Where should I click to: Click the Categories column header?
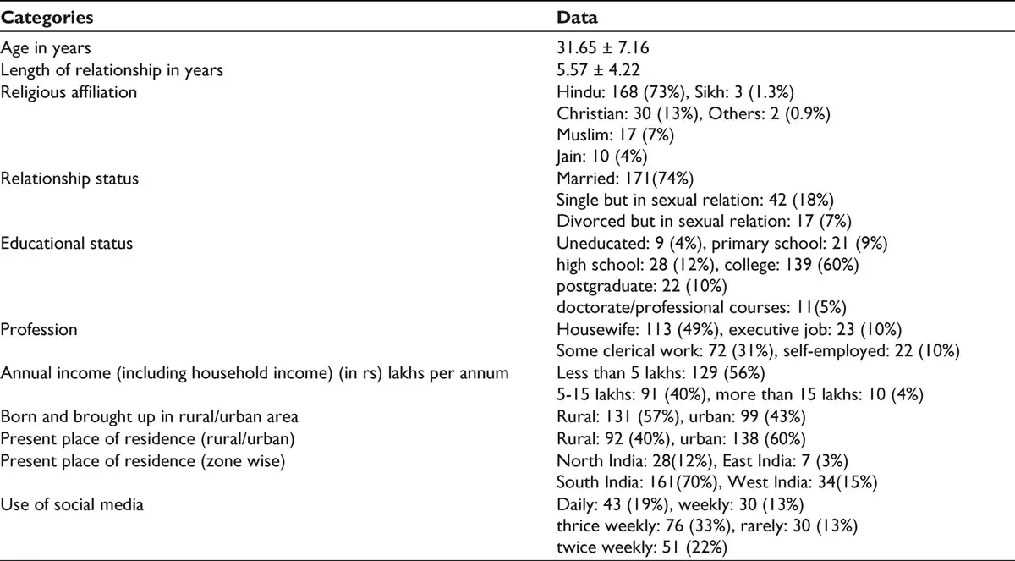coord(47,18)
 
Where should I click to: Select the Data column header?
coord(577,17)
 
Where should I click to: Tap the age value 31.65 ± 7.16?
coord(602,47)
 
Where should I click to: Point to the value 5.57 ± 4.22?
coord(598,69)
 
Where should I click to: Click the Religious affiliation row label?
coord(69,92)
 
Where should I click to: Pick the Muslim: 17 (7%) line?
coord(616,135)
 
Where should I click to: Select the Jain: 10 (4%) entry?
coord(601,157)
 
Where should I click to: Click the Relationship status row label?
coord(69,178)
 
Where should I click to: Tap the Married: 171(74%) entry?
coord(625,178)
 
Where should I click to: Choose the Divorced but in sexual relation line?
coord(704,221)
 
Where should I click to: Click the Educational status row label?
coord(66,244)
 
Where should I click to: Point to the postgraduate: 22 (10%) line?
coord(642,286)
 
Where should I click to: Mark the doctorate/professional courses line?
coord(701,308)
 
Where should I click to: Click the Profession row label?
coord(39,329)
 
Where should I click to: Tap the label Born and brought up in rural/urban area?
coord(149,416)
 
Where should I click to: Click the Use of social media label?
coord(72,504)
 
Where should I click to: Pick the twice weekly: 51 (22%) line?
coord(642,547)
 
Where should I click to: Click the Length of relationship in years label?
coord(112,70)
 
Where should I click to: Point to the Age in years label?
coord(46,48)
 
